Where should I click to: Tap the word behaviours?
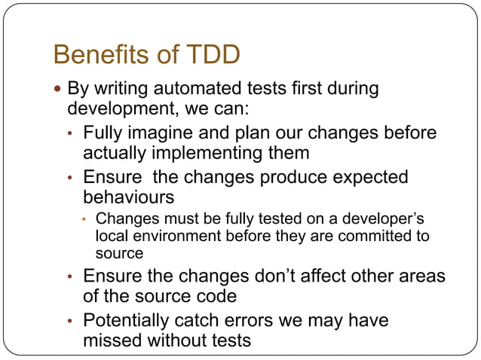pos(128,198)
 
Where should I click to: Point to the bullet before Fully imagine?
pos(70,134)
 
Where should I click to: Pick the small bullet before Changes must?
pos(85,220)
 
